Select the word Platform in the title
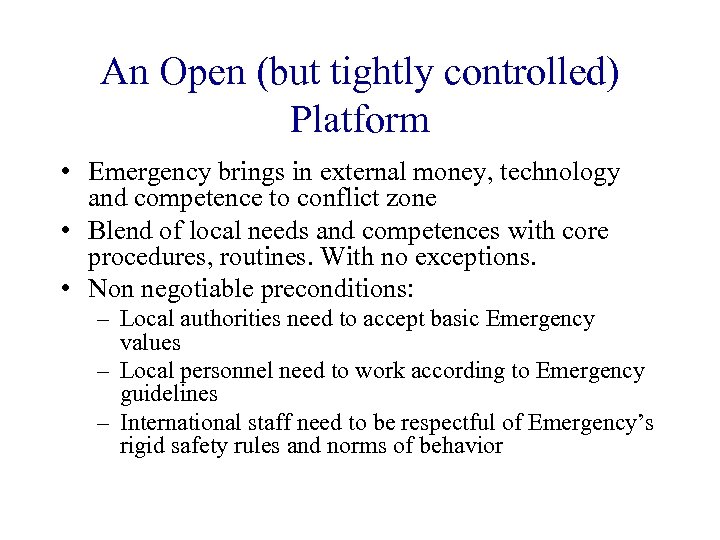tap(360, 120)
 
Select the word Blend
tap(119, 231)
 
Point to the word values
tap(150, 343)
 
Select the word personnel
tap(225, 372)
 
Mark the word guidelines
tap(168, 394)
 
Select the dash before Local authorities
tap(103, 320)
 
